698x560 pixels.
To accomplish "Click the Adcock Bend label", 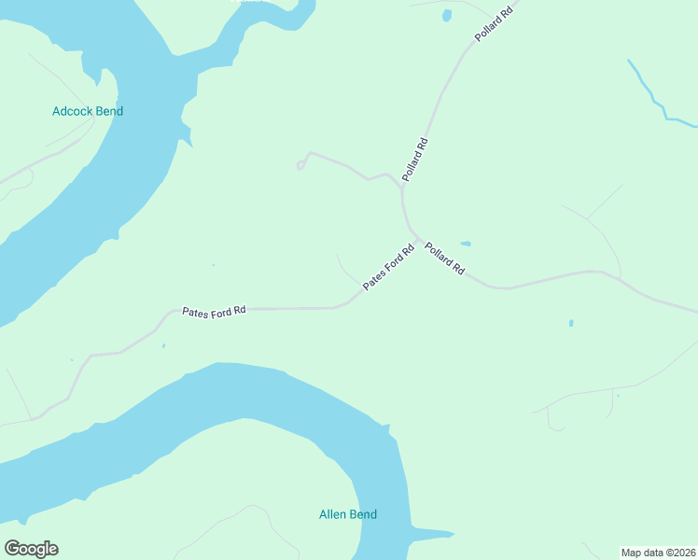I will [88, 111].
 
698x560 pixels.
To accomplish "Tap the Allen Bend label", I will [348, 514].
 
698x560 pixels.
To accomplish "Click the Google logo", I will [31, 549].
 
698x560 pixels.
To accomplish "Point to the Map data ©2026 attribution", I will [659, 552].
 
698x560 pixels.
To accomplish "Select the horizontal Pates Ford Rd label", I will [214, 312].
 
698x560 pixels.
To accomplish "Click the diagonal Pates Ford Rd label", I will [388, 267].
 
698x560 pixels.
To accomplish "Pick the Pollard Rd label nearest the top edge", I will [494, 23].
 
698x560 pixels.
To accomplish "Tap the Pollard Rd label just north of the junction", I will [415, 160].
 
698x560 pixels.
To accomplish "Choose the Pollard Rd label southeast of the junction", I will [444, 258].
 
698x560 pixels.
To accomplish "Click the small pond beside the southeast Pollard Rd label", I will [465, 244].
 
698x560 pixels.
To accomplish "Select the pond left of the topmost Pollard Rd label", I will [446, 15].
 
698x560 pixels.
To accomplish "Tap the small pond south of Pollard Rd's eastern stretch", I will [570, 324].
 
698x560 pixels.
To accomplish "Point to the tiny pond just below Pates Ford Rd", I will [163, 346].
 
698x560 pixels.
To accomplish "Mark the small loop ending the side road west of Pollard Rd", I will [300, 165].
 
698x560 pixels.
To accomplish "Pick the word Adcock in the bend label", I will [71, 111].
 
